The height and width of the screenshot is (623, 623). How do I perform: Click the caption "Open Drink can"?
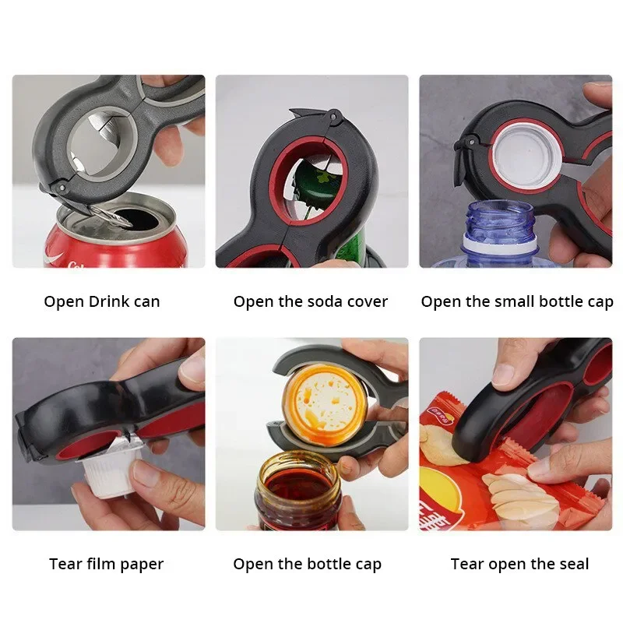click(102, 301)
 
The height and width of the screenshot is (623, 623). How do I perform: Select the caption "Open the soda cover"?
click(310, 301)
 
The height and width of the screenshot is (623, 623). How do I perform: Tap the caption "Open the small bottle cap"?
click(516, 302)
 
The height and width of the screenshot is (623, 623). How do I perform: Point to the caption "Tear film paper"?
click(106, 564)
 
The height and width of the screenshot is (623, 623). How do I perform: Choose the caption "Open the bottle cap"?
click(307, 564)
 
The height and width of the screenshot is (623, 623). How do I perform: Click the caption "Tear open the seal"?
click(519, 564)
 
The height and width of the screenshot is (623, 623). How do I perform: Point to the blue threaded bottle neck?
click(502, 223)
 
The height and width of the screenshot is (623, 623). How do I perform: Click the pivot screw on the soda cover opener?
click(334, 116)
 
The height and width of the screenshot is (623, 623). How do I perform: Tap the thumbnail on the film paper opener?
click(192, 368)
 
